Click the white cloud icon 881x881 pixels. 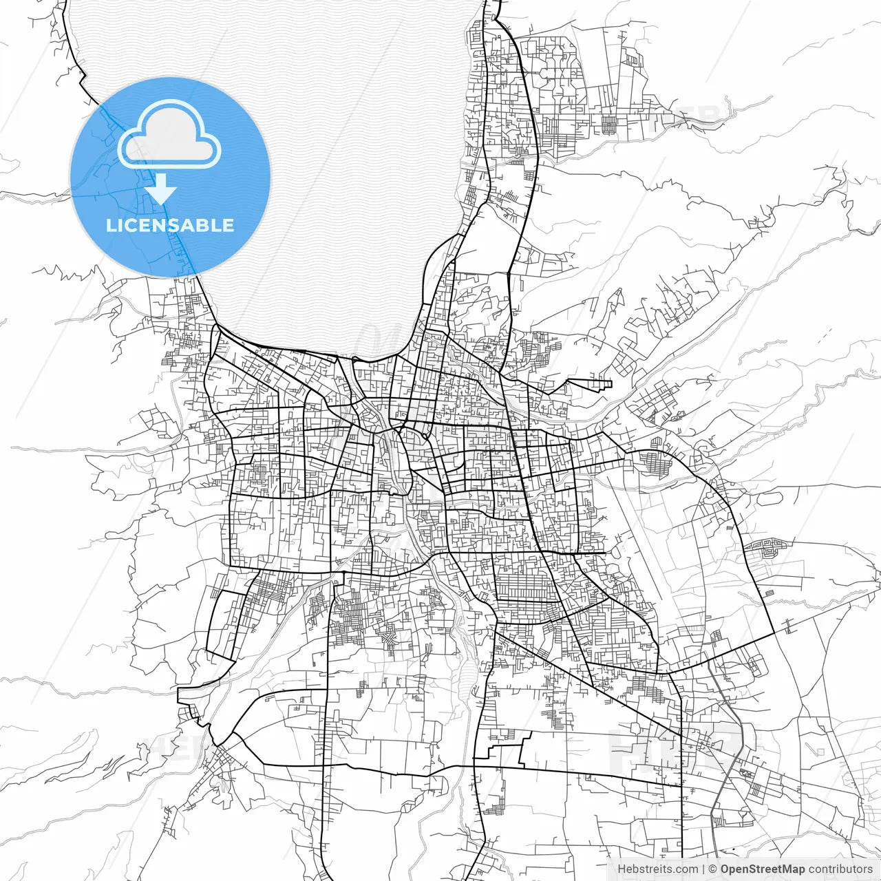click(169, 136)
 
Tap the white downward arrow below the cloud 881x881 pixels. click(162, 189)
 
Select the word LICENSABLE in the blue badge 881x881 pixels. click(170, 225)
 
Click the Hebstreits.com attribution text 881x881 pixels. click(657, 869)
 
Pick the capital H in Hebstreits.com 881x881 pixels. click(622, 869)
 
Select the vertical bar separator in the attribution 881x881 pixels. click(703, 869)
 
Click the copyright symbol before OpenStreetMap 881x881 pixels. click(713, 869)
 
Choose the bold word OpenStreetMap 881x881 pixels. click(763, 869)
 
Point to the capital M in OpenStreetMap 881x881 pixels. click(789, 869)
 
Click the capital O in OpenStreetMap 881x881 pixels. click(725, 869)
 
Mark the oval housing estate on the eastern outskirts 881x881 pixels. click(764, 549)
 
